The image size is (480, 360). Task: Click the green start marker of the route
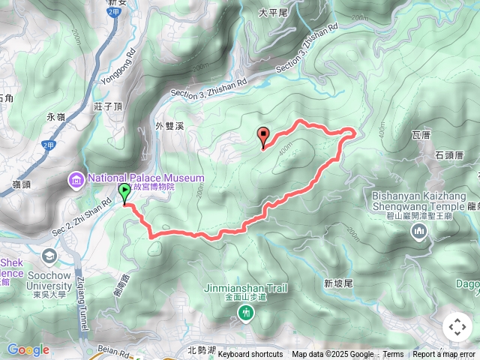[124, 193]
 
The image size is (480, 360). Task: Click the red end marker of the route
[263, 136]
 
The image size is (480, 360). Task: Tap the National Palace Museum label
[145, 178]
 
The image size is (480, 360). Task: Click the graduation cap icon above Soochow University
[49, 255]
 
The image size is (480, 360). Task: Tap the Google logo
[28, 350]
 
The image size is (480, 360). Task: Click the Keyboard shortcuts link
[250, 355]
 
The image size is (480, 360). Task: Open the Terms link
[393, 355]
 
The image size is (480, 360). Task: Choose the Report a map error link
[444, 355]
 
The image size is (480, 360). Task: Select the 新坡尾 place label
[338, 283]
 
